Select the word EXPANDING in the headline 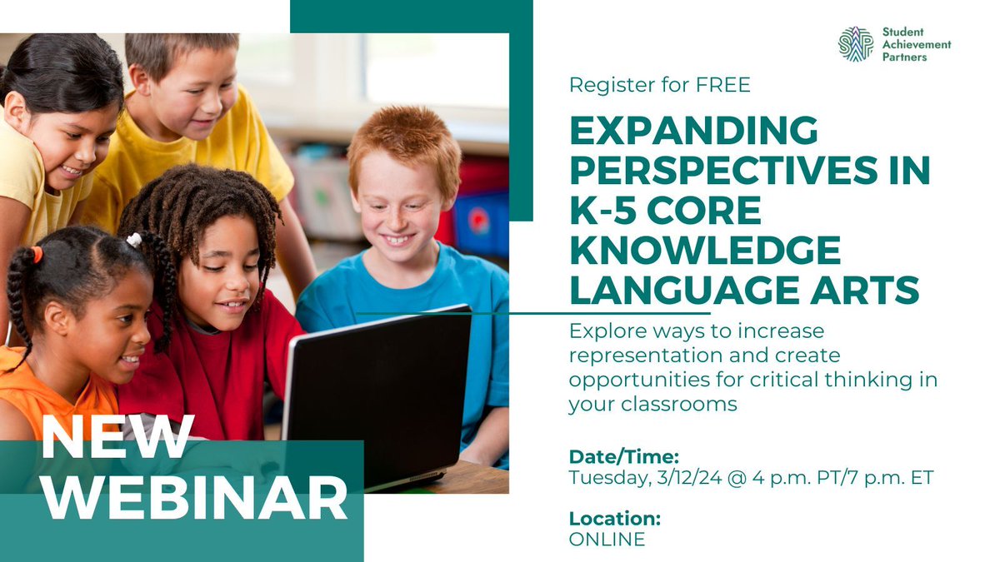pyautogui.click(x=694, y=132)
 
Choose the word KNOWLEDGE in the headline pyautogui.click(x=706, y=251)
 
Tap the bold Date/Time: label pyautogui.click(x=624, y=456)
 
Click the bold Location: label pyautogui.click(x=615, y=518)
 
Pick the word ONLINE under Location pyautogui.click(x=607, y=540)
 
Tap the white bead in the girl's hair pyautogui.click(x=134, y=240)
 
